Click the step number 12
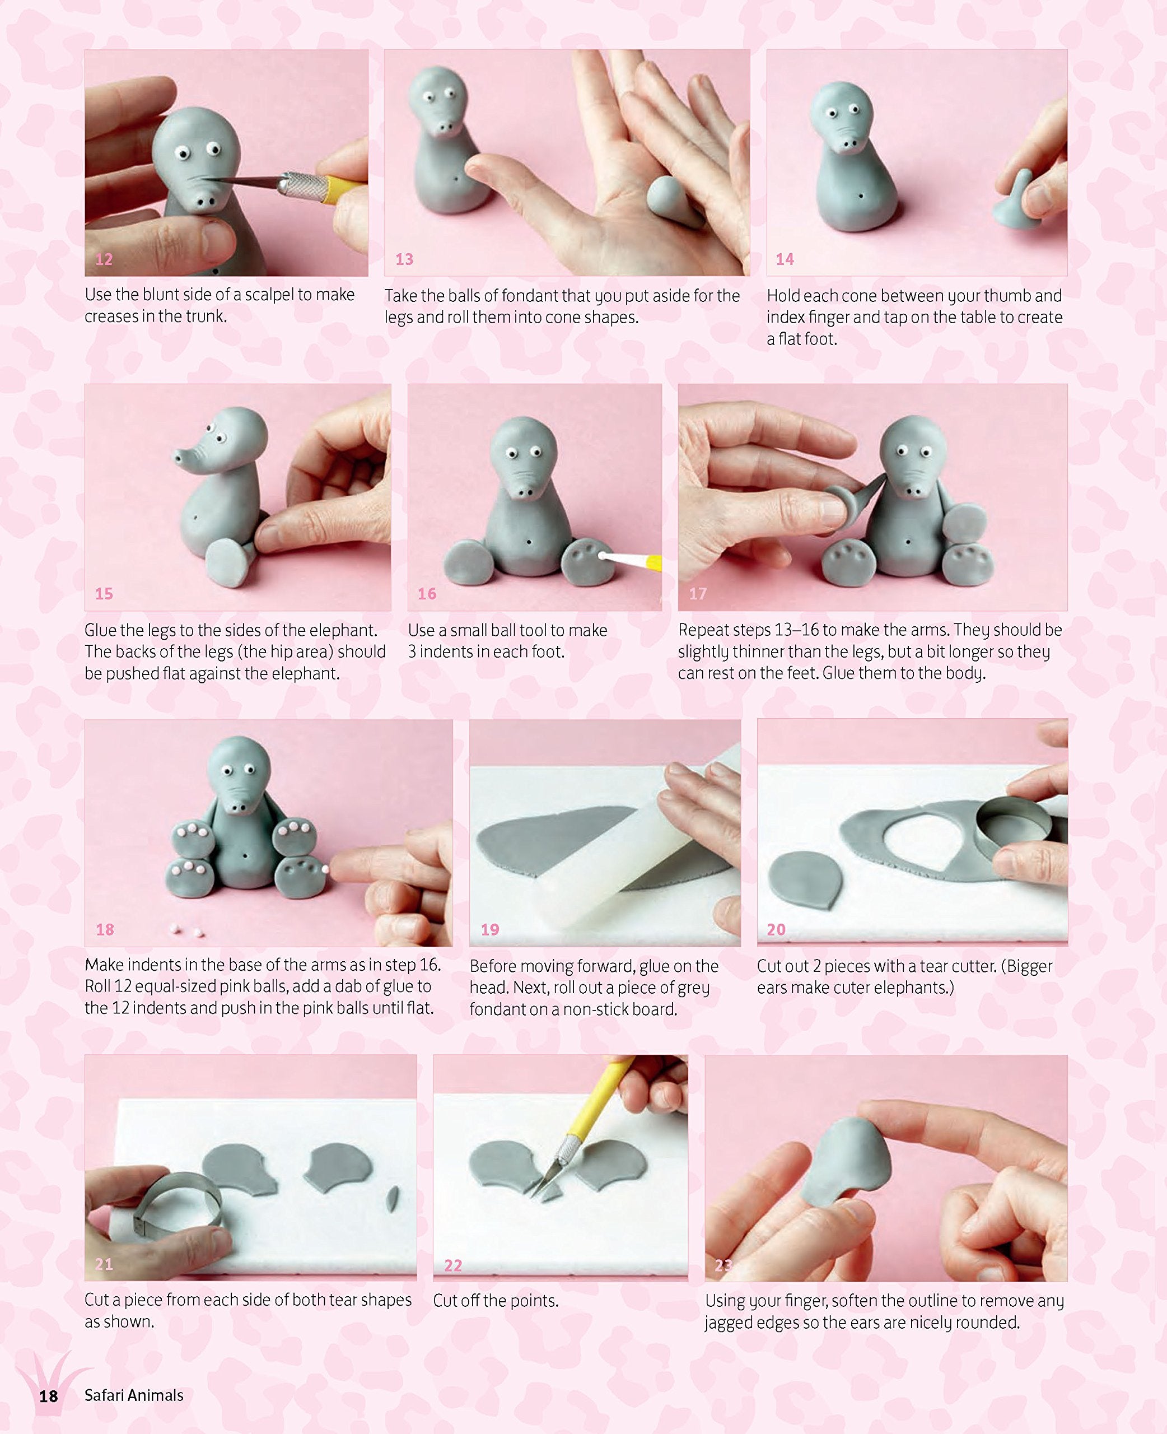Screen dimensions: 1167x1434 pos(104,259)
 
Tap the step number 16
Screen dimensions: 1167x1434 pos(427,594)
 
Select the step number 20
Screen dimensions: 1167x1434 pos(777,929)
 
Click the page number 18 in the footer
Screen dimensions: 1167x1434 pos(48,1396)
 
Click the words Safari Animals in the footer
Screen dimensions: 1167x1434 pos(134,1395)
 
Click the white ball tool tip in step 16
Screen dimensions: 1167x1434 pos(601,555)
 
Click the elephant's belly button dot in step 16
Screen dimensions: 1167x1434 pos(529,542)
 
